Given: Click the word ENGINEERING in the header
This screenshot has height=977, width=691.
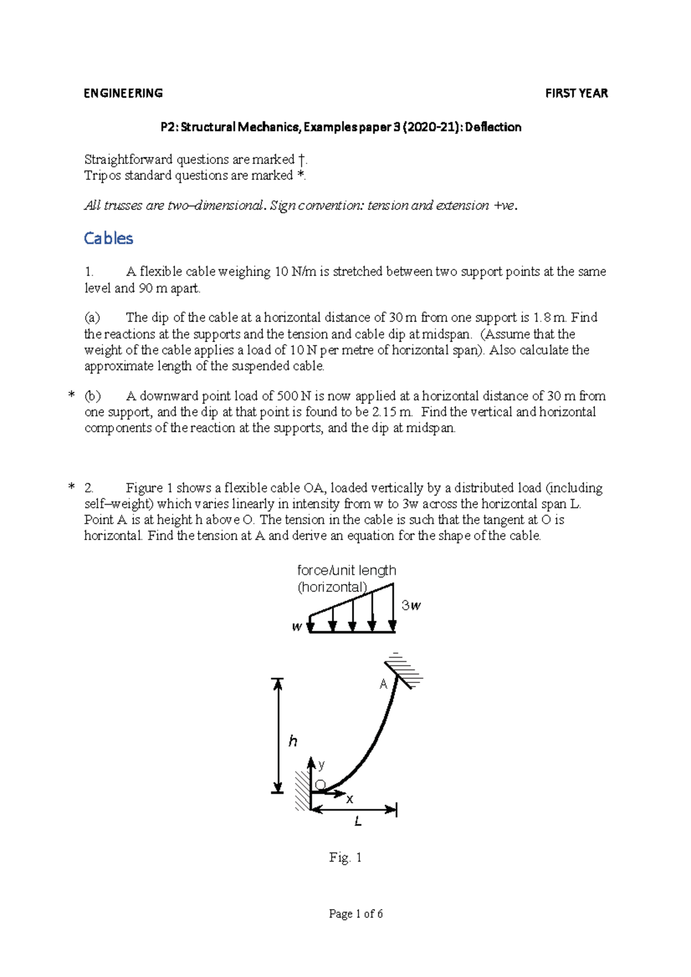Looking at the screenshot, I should (123, 93).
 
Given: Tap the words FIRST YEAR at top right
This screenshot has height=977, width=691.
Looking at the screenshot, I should (576, 93).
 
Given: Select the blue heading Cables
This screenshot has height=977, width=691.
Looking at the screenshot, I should (108, 238).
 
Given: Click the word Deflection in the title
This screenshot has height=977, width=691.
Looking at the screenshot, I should (493, 127).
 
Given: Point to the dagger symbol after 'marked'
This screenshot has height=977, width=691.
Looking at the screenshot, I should (301, 159).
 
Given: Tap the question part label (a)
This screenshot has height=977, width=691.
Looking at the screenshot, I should (92, 318).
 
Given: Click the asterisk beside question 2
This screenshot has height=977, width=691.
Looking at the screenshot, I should (71, 488).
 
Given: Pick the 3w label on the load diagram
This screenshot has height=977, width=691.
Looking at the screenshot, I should (411, 605).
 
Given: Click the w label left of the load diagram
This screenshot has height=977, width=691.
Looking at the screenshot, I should (297, 627).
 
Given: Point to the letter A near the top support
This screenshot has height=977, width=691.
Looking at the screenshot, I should (384, 684).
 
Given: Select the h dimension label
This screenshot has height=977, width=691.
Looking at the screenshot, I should (293, 741).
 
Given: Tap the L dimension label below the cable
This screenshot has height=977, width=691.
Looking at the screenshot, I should (358, 822).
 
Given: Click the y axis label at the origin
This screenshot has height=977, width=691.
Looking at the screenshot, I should (321, 765).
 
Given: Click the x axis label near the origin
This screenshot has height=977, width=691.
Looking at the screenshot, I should (350, 799).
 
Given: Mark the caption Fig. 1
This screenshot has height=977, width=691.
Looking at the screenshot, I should (345, 857).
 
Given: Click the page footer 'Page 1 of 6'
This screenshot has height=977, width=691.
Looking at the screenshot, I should (356, 914).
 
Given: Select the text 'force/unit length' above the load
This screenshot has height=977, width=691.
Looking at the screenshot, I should (346, 570).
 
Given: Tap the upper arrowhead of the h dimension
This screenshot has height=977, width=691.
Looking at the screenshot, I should (278, 684).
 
